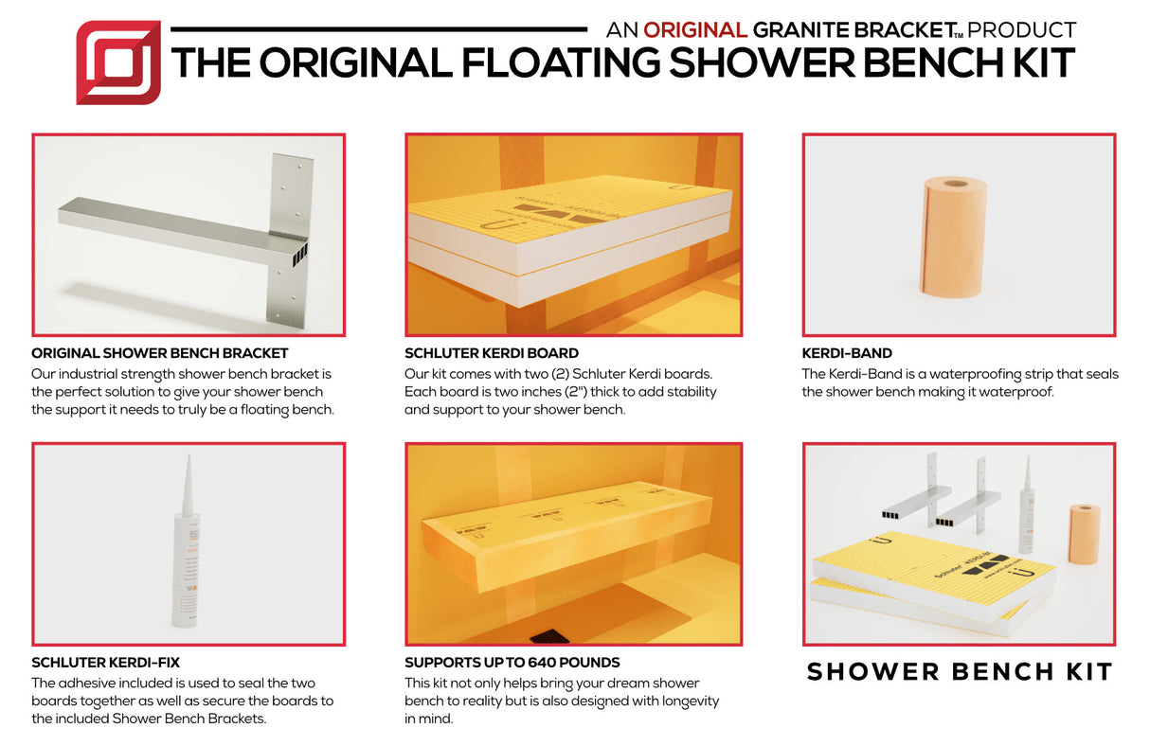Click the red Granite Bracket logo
pyautogui.click(x=118, y=62)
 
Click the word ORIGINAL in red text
pyautogui.click(x=695, y=30)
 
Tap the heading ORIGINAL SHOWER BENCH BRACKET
pyautogui.click(x=160, y=353)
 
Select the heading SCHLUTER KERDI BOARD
pyautogui.click(x=492, y=353)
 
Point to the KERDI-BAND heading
pyautogui.click(x=847, y=353)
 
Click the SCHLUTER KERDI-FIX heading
pyautogui.click(x=105, y=663)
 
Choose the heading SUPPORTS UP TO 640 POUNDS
pyautogui.click(x=512, y=663)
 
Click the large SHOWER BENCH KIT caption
pyautogui.click(x=959, y=672)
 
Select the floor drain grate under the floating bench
pyautogui.click(x=548, y=637)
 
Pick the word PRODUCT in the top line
pyautogui.click(x=1022, y=30)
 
